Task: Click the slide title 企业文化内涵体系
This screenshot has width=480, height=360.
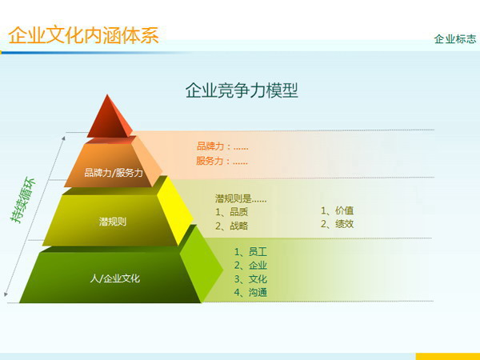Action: tap(83, 35)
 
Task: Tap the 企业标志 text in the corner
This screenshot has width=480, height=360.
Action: tap(454, 38)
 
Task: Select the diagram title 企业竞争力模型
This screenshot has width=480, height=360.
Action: tap(242, 90)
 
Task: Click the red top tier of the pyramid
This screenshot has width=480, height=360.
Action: tap(109, 118)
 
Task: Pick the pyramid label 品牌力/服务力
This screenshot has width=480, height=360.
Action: tap(114, 172)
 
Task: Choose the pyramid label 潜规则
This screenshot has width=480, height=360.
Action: tap(112, 221)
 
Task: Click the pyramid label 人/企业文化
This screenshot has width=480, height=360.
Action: tap(114, 278)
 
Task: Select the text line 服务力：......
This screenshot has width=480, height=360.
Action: tap(222, 161)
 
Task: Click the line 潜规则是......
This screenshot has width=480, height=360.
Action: tap(240, 198)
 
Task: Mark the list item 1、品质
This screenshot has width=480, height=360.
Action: tap(231, 212)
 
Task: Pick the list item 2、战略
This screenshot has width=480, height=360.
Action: tap(231, 226)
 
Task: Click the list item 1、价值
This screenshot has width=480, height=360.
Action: tap(337, 210)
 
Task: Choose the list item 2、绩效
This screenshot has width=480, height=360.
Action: tap(337, 224)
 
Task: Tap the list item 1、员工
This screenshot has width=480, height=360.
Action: tap(250, 251)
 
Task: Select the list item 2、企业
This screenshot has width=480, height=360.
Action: tap(250, 265)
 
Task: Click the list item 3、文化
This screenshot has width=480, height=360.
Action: tap(250, 278)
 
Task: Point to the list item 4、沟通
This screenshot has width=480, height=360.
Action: tap(250, 292)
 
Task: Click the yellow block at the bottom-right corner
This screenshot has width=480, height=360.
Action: tap(447, 355)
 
